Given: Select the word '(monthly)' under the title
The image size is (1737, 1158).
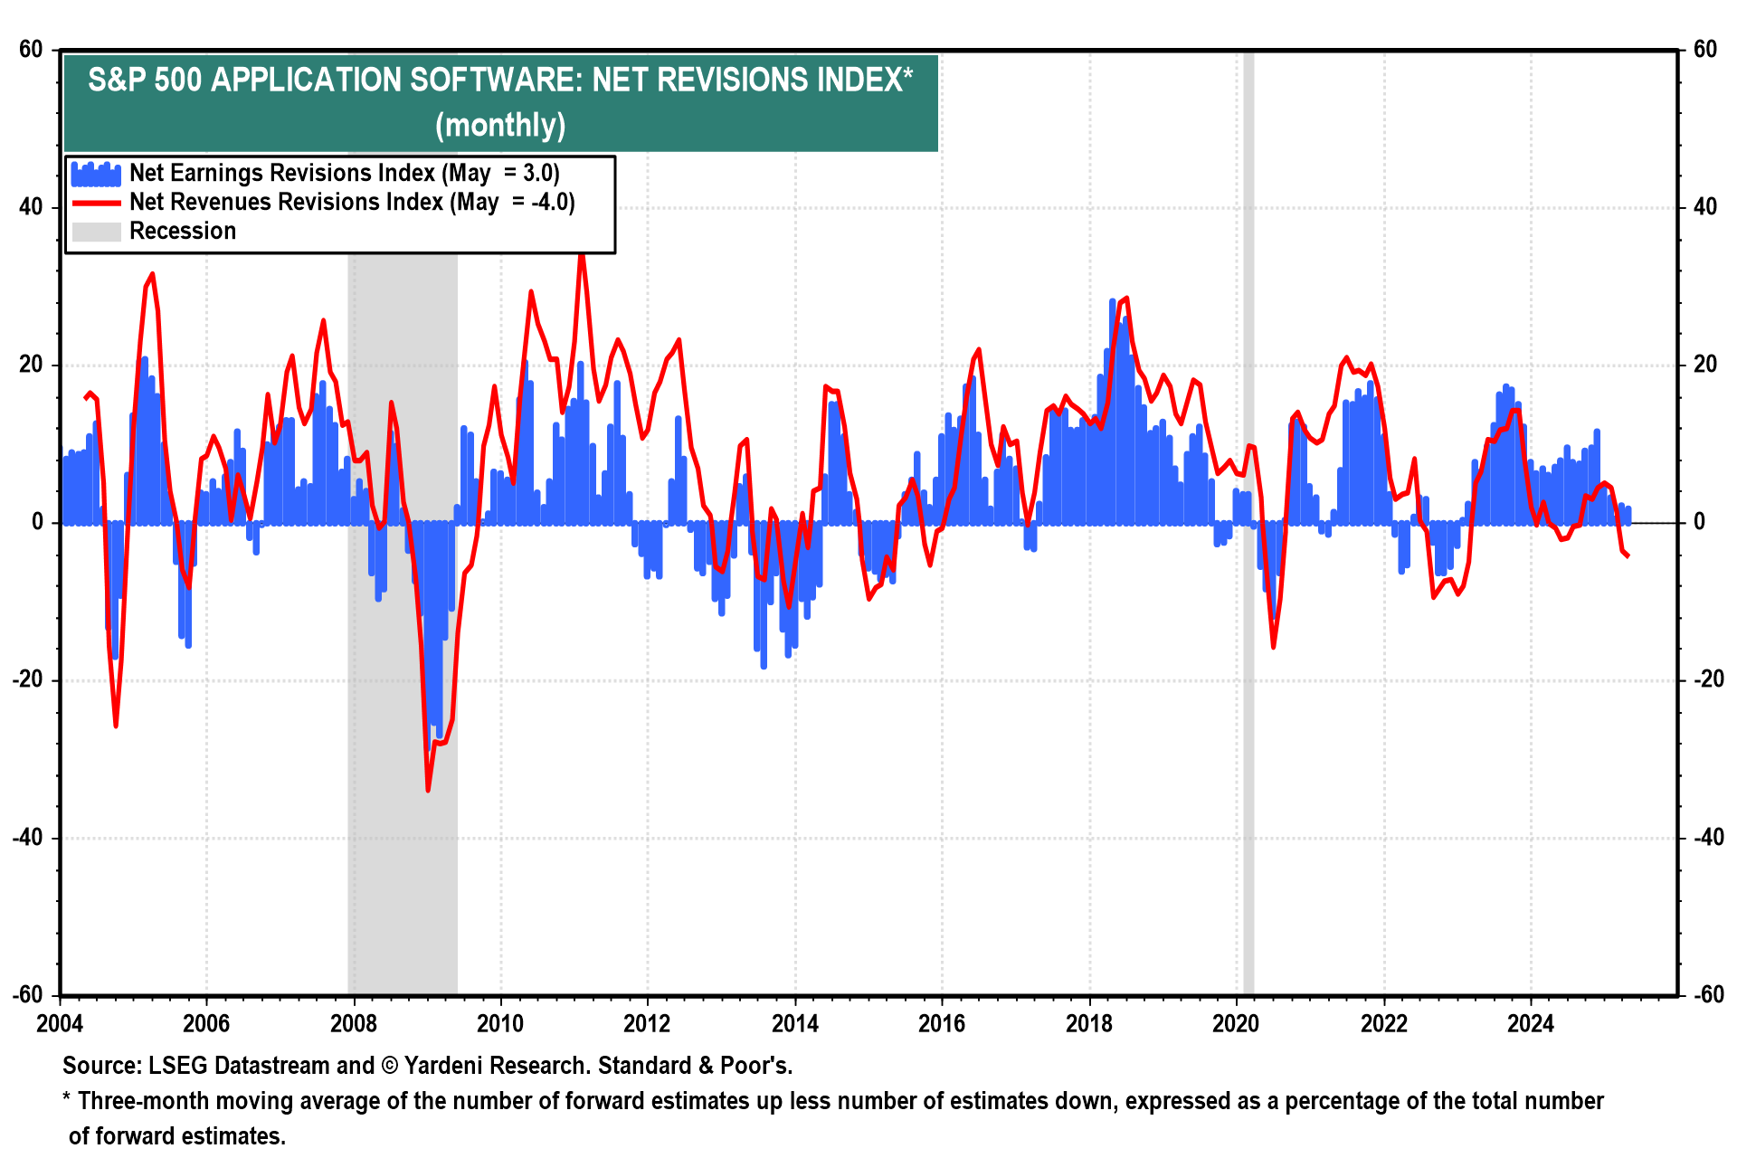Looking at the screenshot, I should click(x=500, y=125).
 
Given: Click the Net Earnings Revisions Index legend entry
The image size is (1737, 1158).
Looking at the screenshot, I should click(x=344, y=173).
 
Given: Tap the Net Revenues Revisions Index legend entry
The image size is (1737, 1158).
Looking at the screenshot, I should click(x=351, y=202).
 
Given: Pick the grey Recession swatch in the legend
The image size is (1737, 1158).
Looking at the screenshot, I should click(x=96, y=232).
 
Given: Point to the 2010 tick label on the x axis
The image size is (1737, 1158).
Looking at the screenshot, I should click(x=500, y=1023).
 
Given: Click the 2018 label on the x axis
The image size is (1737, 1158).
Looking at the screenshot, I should click(x=1088, y=1023).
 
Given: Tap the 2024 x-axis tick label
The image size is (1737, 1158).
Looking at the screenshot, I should click(x=1530, y=1023).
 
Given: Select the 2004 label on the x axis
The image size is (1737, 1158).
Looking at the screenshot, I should click(x=60, y=1023).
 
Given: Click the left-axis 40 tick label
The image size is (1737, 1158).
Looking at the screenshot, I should click(x=32, y=207).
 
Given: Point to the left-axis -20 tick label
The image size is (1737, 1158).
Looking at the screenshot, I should click(x=28, y=680).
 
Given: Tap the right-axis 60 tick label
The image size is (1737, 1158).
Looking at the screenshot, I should click(x=1704, y=50).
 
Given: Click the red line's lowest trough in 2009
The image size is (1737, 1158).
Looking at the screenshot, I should click(x=428, y=790).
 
